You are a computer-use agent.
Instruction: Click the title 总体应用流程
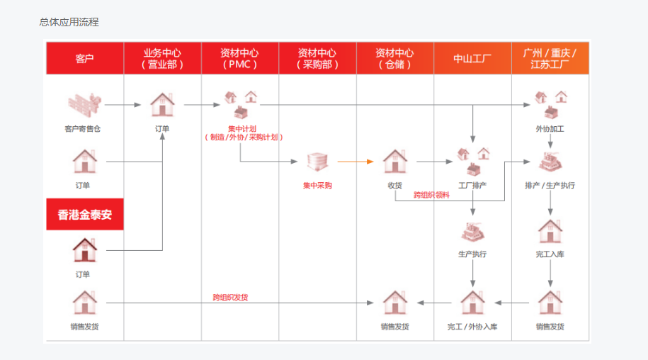(x=69, y=22)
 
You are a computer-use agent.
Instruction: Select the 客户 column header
(x=84, y=58)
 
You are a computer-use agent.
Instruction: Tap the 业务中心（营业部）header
(x=162, y=58)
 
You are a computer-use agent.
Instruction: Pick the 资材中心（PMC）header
(x=239, y=58)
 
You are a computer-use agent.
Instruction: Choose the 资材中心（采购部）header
(x=317, y=58)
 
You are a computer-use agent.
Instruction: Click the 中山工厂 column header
(x=472, y=58)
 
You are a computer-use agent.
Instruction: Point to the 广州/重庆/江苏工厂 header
(x=550, y=58)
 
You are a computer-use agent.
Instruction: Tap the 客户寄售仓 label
(x=83, y=129)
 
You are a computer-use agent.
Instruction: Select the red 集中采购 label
(x=317, y=186)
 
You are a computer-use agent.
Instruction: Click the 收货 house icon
(x=395, y=162)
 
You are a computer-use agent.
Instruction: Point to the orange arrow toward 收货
(x=355, y=162)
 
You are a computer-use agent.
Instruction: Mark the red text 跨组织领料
(x=431, y=194)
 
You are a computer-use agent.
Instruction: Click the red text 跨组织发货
(x=230, y=297)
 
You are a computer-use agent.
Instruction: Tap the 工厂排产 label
(x=472, y=186)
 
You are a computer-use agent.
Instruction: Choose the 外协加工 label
(x=550, y=129)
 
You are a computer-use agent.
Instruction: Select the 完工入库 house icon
(x=550, y=231)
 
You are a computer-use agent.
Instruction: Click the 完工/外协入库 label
(x=472, y=327)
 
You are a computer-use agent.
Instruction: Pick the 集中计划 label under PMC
(x=241, y=128)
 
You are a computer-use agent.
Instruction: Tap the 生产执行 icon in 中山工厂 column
(x=472, y=232)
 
